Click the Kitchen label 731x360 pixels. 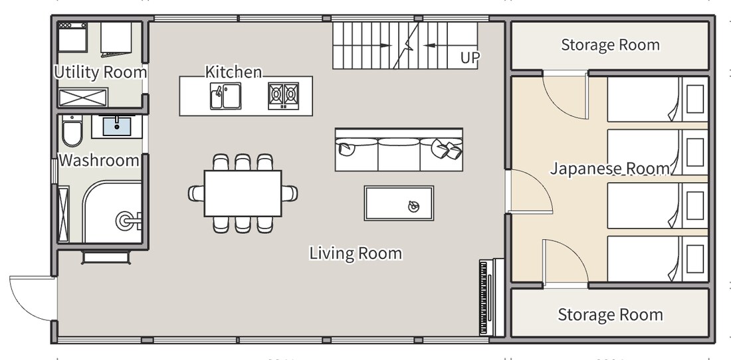(233, 72)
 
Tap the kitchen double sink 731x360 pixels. (225, 96)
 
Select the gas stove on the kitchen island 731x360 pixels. (284, 96)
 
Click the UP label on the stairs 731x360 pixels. (470, 58)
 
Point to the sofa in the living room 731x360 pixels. (399, 149)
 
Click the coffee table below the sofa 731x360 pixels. (399, 203)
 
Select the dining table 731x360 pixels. (243, 193)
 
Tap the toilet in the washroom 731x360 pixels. (72, 131)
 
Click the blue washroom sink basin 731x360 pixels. (116, 126)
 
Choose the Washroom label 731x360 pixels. (99, 160)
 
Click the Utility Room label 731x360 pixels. (100, 72)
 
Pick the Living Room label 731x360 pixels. (356, 253)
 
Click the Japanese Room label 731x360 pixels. (611, 168)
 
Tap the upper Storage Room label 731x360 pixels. (610, 45)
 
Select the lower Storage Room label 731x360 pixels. (610, 314)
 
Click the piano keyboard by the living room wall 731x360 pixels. (483, 297)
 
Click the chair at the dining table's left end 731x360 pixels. (196, 193)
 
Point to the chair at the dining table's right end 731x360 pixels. (290, 193)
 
